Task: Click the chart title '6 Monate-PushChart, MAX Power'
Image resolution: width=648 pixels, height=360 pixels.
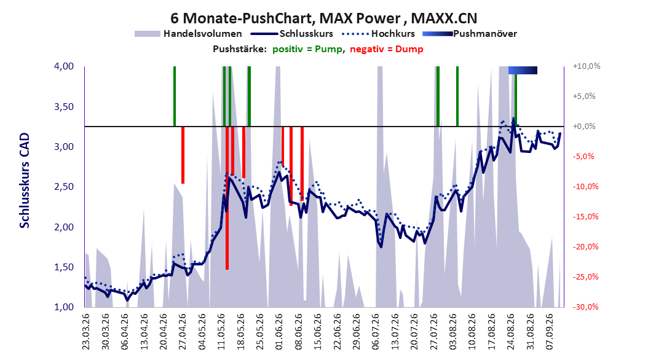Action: coord(285,18)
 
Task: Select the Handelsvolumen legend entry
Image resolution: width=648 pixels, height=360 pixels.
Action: coord(188,34)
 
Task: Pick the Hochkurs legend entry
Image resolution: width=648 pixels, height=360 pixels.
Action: coord(378,34)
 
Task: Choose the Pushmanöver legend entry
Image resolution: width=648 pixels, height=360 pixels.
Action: coord(470,34)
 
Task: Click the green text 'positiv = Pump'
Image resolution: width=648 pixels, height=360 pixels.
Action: coord(307,49)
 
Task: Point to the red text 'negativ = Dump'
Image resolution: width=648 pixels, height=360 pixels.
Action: coord(387,49)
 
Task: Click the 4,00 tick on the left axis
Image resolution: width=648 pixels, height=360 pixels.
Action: coord(64,66)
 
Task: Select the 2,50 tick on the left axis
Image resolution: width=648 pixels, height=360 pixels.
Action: coord(64,187)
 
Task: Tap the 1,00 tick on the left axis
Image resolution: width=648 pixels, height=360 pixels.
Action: coord(64,307)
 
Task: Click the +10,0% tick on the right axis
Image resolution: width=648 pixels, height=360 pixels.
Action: coord(587,66)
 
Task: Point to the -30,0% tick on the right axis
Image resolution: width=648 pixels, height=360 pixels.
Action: coord(585,307)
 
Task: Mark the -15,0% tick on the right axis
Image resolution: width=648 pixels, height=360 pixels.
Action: coord(585,217)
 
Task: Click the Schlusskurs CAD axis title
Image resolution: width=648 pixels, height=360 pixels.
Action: coord(25,181)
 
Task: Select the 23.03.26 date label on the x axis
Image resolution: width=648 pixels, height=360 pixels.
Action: coord(86,332)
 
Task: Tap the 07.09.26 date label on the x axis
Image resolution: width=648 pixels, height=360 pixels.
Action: coord(550,332)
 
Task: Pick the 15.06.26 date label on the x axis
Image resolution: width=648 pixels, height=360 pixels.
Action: coord(317,332)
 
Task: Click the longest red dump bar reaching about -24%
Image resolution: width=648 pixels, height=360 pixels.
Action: coord(227,198)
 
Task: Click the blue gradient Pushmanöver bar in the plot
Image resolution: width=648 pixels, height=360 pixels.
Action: coord(523,70)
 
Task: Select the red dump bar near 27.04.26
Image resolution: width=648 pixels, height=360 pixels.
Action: coord(183,155)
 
